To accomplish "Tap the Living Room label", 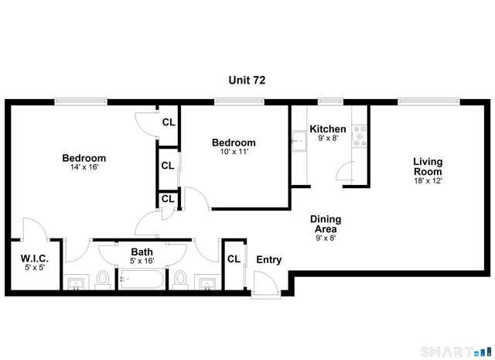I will pos(428,166).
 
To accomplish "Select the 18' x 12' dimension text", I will pos(428,181).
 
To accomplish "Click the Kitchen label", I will pos(327,129).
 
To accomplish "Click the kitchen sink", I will pos(298,142).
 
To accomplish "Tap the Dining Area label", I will pos(326,224).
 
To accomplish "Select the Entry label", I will pos(268,260).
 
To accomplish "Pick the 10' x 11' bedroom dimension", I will pos(234,152).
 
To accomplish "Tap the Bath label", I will pos(142,252).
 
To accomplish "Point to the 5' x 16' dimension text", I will pos(142,261).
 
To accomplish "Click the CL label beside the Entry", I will pos(234,259).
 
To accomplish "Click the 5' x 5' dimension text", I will pos(35,268).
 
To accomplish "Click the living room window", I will pos(426,100).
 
